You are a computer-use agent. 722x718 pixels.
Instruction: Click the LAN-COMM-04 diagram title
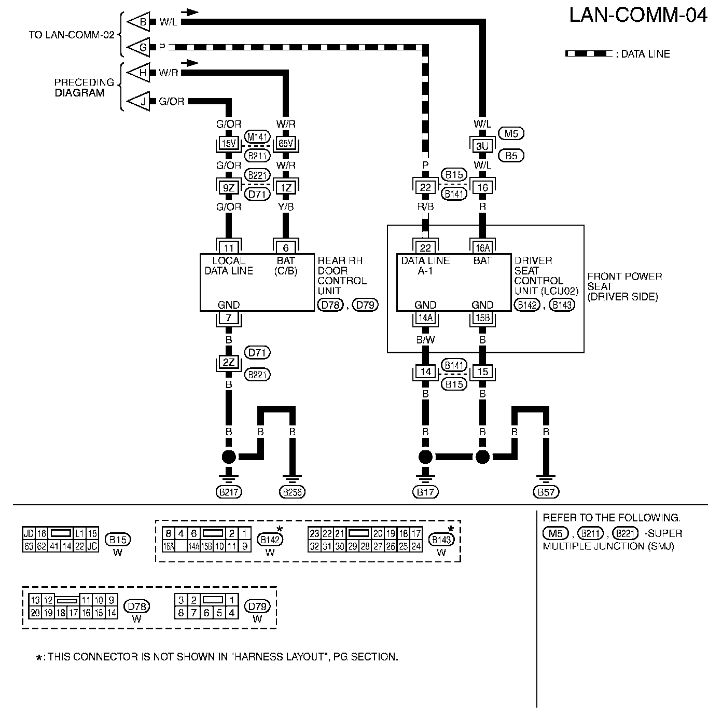point(637,16)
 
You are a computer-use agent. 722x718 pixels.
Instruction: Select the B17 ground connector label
point(425,492)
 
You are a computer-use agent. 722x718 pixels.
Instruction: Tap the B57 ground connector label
point(546,492)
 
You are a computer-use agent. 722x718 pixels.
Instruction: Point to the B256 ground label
point(292,492)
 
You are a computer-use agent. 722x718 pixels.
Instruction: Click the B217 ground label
point(229,492)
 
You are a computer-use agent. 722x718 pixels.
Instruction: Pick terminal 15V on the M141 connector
point(229,143)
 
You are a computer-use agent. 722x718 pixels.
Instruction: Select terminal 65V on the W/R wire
point(286,143)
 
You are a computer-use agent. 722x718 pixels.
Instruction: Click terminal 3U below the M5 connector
point(482,146)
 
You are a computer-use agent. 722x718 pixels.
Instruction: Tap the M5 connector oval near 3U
point(511,133)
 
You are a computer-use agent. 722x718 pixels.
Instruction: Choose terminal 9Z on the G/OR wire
point(229,187)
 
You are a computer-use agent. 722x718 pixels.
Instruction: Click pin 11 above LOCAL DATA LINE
point(229,247)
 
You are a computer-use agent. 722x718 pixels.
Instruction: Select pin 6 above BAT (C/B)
point(286,247)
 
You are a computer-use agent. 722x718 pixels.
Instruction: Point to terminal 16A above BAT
point(482,247)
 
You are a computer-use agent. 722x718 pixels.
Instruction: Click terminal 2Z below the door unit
point(229,362)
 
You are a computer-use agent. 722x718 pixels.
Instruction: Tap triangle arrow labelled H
point(138,72)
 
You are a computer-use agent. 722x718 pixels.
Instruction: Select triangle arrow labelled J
point(138,101)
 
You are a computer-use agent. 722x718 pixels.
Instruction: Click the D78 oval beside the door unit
point(330,305)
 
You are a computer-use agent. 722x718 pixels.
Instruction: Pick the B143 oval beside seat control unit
point(562,305)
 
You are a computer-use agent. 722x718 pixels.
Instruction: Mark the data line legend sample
point(589,53)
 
